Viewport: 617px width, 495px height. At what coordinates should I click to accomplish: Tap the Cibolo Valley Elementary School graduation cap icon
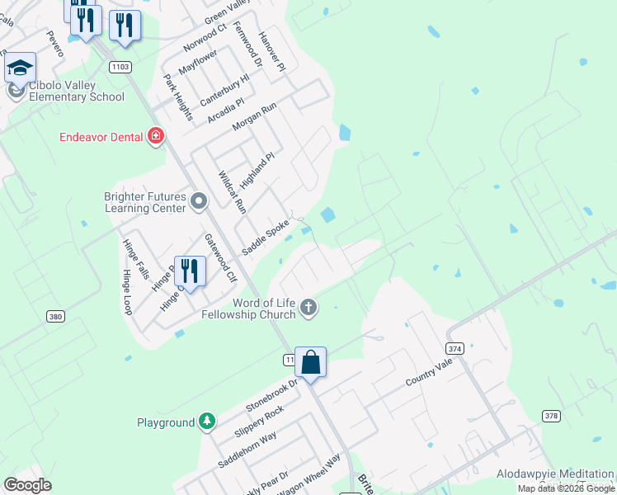(20, 68)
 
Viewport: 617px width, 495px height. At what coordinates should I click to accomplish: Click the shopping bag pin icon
(310, 362)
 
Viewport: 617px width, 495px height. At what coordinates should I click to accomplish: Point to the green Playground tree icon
(206, 422)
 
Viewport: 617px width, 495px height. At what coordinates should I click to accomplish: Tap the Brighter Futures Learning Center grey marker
(198, 201)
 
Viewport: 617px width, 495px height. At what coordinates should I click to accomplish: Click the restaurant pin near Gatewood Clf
(190, 271)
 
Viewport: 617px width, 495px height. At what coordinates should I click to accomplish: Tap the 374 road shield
(455, 349)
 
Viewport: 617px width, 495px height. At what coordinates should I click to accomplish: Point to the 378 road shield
(551, 415)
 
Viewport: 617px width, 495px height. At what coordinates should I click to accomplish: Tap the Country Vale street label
(429, 375)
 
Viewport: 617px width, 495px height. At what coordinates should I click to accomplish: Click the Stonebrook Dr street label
(271, 395)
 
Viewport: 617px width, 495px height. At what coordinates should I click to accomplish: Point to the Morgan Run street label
(254, 117)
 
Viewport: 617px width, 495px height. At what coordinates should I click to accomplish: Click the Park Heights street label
(177, 95)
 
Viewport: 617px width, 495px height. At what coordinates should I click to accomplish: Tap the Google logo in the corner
(27, 485)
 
